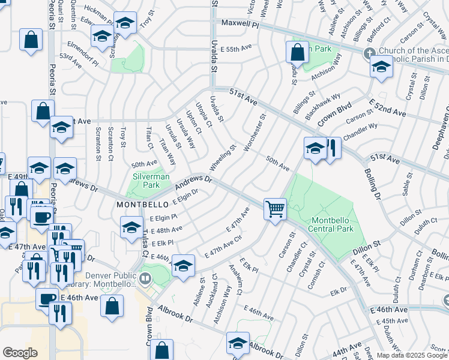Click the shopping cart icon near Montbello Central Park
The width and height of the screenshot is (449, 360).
pyautogui.click(x=275, y=209)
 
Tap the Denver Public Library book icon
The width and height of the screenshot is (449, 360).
pyautogui.click(x=145, y=278)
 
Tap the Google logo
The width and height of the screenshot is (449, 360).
pyautogui.click(x=20, y=353)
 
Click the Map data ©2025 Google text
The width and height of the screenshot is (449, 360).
pyautogui.click(x=412, y=355)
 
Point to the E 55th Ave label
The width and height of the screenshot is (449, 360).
pyautogui.click(x=237, y=48)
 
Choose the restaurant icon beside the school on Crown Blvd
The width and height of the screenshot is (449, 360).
pyautogui.click(x=331, y=148)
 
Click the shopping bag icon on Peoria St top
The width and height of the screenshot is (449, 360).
pyautogui.click(x=31, y=40)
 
